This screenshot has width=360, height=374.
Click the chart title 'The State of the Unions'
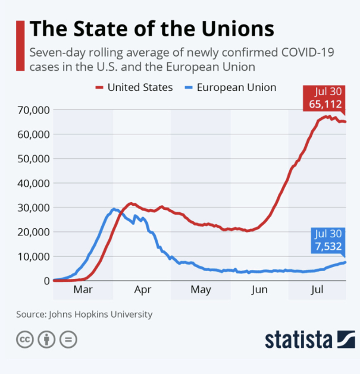click(x=152, y=29)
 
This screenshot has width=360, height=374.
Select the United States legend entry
click(x=134, y=87)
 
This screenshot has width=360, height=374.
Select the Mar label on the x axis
click(x=83, y=290)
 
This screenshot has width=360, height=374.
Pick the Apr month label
click(x=143, y=290)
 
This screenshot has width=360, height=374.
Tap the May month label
click(x=201, y=290)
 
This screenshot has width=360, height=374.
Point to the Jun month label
click(x=259, y=290)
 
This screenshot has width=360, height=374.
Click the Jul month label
click(x=318, y=290)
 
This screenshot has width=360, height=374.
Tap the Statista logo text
click(x=298, y=340)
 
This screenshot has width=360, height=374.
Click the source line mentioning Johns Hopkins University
click(x=84, y=314)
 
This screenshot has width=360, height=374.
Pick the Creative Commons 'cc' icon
click(x=24, y=340)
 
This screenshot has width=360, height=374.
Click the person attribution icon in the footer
click(x=46, y=340)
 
